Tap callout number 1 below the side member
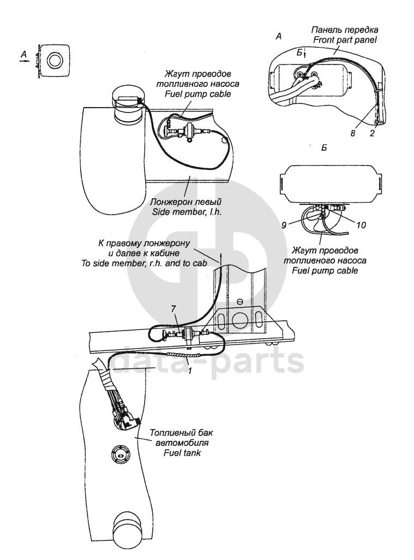190,371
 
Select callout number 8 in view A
352,133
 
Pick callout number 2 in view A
372,133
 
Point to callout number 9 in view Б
284,225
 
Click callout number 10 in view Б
361,225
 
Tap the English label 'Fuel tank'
182,453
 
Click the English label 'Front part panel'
345,40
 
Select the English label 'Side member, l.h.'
187,211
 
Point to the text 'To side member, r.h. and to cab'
144,263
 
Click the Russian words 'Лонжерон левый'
186,202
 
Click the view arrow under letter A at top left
23,61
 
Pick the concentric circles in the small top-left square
55,60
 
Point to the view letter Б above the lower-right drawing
324,148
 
